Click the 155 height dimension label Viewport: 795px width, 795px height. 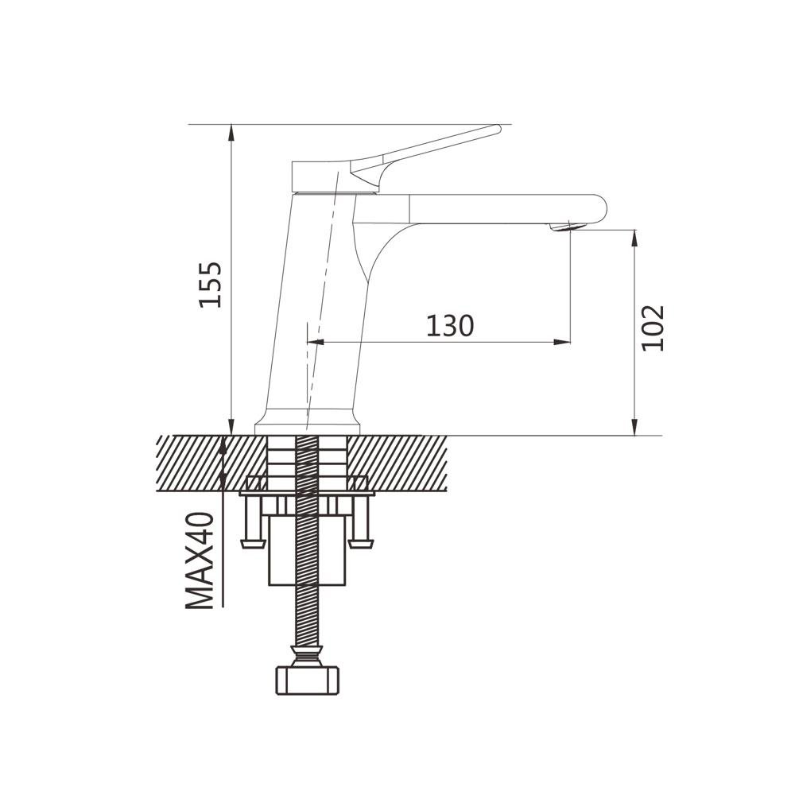[210, 285]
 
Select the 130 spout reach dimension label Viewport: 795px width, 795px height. [450, 325]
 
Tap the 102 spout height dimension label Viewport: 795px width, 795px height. [653, 328]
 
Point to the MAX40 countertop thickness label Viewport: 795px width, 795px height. [200, 560]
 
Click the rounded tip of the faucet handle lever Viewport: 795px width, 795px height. [498, 130]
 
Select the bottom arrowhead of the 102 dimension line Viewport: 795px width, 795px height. [634, 426]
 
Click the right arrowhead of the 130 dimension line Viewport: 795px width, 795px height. [562, 342]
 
